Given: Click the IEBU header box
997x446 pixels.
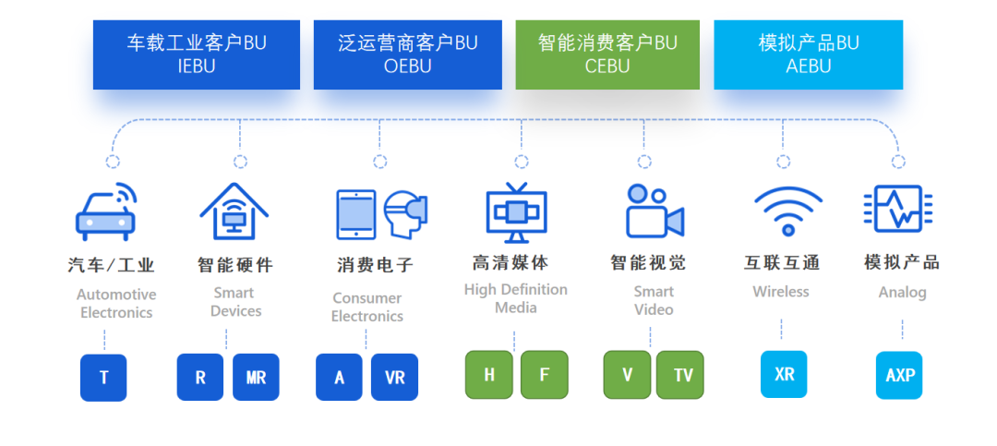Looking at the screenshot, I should pyautogui.click(x=196, y=54).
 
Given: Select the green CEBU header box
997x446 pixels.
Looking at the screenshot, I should pyautogui.click(x=607, y=54).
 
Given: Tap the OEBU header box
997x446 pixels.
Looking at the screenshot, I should pyautogui.click(x=407, y=54).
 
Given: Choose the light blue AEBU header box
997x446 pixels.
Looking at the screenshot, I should pyautogui.click(x=808, y=54).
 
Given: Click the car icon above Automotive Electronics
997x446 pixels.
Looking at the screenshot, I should pyautogui.click(x=105, y=212).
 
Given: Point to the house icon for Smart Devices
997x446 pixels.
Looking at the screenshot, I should pyautogui.click(x=234, y=212).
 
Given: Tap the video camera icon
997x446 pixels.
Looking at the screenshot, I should pyautogui.click(x=654, y=211).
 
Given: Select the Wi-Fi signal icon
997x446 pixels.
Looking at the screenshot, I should pyautogui.click(x=787, y=211).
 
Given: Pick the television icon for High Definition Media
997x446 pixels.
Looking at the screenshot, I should pyautogui.click(x=516, y=212).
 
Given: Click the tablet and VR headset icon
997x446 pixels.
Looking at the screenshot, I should pyautogui.click(x=381, y=214).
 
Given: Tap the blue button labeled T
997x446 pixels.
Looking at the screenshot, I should pyautogui.click(x=103, y=377).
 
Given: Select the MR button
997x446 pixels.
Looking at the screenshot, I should pyautogui.click(x=256, y=377).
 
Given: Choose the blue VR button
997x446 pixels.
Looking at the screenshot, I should pyautogui.click(x=394, y=377).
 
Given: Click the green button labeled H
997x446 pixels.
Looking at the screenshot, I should pyautogui.click(x=489, y=375).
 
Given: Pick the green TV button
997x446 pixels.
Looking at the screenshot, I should pyautogui.click(x=682, y=375).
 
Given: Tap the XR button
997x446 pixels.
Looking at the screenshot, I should pyautogui.click(x=784, y=374).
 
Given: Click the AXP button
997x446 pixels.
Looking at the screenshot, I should pyautogui.click(x=899, y=375).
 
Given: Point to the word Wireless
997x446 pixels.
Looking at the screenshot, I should pyautogui.click(x=781, y=292).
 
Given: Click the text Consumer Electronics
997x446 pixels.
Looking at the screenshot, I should pyautogui.click(x=367, y=307).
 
